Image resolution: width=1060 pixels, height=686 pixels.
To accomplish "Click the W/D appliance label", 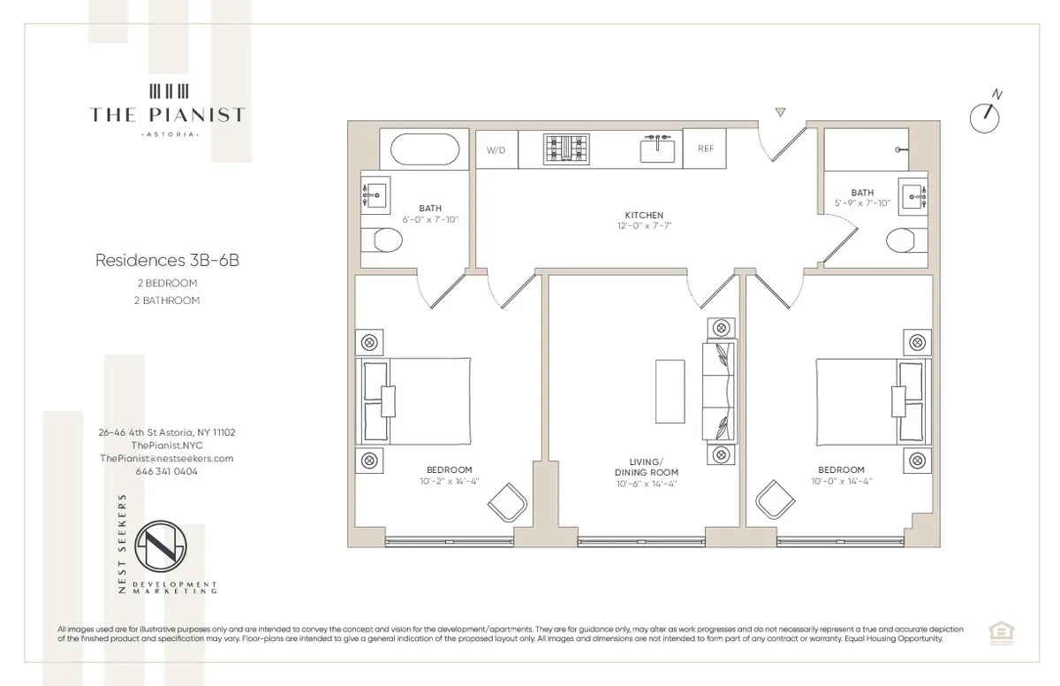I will pyautogui.click(x=496, y=149).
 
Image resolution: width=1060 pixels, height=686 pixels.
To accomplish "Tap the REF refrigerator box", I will pyautogui.click(x=705, y=149).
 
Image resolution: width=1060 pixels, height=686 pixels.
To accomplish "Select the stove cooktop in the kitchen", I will pyautogui.click(x=565, y=149).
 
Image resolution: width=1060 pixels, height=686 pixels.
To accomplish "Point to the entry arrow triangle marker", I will pyautogui.click(x=779, y=112).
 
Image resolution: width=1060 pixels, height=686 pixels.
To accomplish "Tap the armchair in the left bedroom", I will pyautogui.click(x=508, y=504).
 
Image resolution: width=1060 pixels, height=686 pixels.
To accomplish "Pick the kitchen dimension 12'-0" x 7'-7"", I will pyautogui.click(x=644, y=226).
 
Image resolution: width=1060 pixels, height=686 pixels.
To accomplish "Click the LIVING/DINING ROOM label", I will pyautogui.click(x=646, y=467).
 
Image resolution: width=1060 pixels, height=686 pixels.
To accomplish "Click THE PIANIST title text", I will pyautogui.click(x=167, y=114).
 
